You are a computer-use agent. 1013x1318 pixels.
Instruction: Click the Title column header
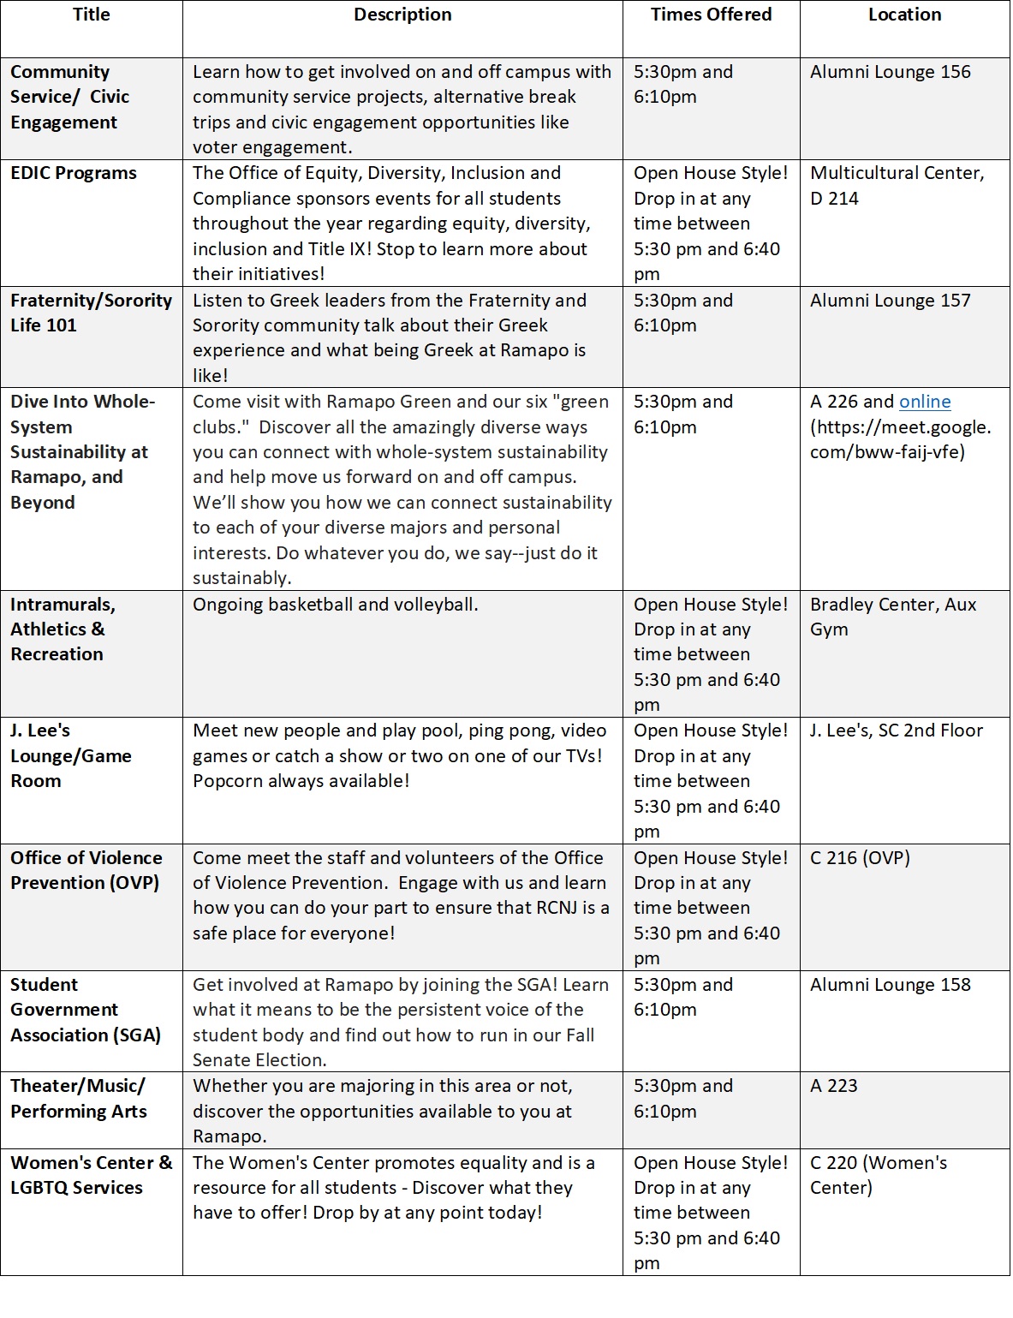pos(92,15)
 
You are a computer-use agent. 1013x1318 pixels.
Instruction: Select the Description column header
pos(402,15)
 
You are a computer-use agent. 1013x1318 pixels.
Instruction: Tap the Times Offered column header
pos(711,15)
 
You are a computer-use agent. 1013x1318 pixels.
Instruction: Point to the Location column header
pos(904,15)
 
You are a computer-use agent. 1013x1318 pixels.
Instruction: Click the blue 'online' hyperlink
pos(925,402)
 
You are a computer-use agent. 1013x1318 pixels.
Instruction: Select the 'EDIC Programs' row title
pos(74,173)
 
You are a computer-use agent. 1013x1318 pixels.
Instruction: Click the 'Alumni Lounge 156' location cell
pos(891,72)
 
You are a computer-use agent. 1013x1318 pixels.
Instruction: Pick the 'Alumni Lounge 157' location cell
pos(891,301)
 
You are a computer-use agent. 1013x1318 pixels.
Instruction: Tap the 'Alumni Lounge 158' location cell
pos(891,985)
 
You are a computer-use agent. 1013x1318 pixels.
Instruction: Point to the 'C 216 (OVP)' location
pos(860,858)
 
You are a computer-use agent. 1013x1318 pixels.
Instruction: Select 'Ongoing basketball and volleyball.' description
pos(335,605)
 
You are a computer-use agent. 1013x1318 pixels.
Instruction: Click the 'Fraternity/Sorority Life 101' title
pos(91,313)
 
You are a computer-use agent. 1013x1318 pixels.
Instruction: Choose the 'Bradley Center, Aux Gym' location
pos(893,617)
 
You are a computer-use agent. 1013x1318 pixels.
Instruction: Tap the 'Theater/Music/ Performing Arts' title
pos(79,1099)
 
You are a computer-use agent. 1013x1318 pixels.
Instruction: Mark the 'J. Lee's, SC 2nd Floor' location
pos(897,731)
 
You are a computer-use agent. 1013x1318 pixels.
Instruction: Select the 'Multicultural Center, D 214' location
pos(897,186)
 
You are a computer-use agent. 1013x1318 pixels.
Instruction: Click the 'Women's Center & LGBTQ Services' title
pos(91,1175)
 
